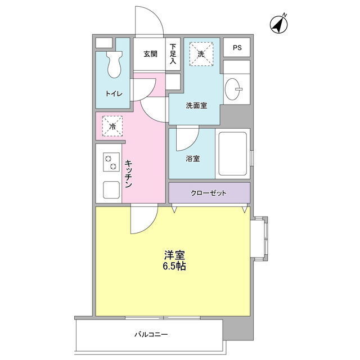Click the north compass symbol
pyautogui.click(x=279, y=24)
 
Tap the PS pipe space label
pyautogui.click(x=237, y=47)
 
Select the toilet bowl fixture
pyautogui.click(x=114, y=64)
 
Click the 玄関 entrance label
pyautogui.click(x=150, y=54)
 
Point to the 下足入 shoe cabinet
pyautogui.click(x=173, y=54)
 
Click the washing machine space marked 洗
pyautogui.click(x=201, y=54)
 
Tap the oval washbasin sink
pyautogui.click(x=233, y=89)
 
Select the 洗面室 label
pyautogui.click(x=196, y=106)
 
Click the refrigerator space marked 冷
pyautogui.click(x=112, y=126)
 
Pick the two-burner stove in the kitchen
pyautogui.click(x=111, y=162)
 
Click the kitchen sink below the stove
pyautogui.click(x=111, y=190)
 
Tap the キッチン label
pyautogui.click(x=129, y=174)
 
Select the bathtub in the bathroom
pyautogui.click(x=232, y=154)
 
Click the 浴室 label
pyautogui.click(x=192, y=159)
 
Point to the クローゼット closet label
pyautogui.click(x=209, y=193)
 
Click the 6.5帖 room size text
pyautogui.click(x=174, y=266)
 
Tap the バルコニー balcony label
pyautogui.click(x=151, y=335)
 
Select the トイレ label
pyautogui.click(x=114, y=94)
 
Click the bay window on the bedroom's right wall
pyautogui.click(x=259, y=237)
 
